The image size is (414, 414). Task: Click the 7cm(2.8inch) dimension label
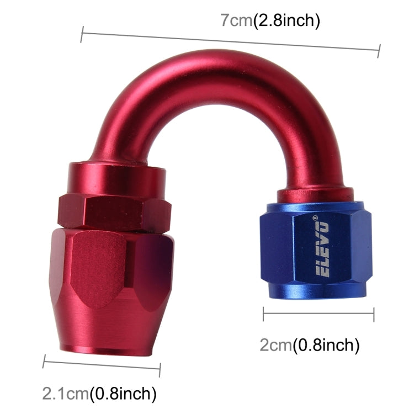click(x=270, y=21)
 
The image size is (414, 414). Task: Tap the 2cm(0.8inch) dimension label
click(x=309, y=346)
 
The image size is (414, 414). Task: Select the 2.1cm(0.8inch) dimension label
click(x=99, y=394)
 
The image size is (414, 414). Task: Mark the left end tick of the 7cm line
click(x=82, y=35)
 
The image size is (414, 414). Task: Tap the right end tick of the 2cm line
click(x=374, y=315)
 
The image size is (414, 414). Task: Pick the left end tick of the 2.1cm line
click(x=44, y=362)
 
